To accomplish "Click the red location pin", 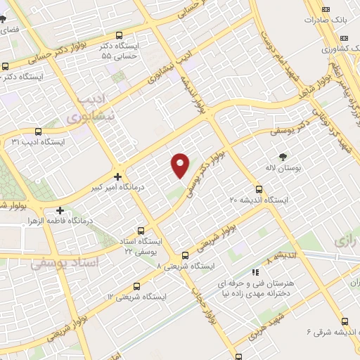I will [181, 165].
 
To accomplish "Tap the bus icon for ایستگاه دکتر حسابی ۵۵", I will [118, 35].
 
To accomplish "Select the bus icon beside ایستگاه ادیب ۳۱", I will [37, 131].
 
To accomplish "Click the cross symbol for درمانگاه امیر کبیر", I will [118, 177].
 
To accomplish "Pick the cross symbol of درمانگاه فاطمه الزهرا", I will [60, 210].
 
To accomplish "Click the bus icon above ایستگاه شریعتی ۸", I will [185, 255].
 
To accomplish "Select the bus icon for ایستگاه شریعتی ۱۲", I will [136, 285].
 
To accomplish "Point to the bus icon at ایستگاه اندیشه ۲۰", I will [259, 189].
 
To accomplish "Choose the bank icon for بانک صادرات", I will [325, 8].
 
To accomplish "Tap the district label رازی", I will [345, 240].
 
